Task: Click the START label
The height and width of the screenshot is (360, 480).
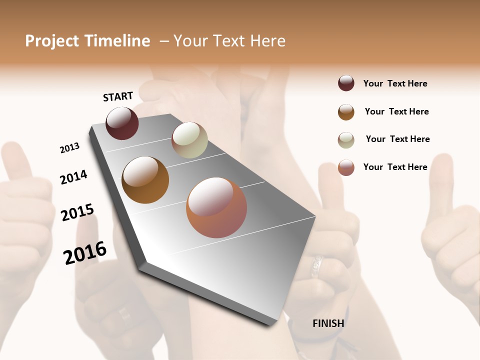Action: pos(118,96)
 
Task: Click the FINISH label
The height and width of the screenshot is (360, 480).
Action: pos(328,323)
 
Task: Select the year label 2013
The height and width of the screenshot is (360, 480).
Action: pos(69,148)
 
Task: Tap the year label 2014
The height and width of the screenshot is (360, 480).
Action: pos(73,177)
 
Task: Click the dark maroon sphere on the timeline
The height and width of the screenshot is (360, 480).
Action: pos(122,123)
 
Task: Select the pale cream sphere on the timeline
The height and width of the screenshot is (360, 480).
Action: pos(189,140)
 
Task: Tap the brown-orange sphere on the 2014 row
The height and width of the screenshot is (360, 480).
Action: pos(145,179)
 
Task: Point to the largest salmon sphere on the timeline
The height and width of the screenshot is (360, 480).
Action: pos(216,207)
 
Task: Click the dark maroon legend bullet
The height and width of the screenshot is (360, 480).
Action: pos(346,83)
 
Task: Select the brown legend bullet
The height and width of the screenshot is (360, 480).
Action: pos(346,111)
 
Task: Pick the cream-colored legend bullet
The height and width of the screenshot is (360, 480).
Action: pos(346,139)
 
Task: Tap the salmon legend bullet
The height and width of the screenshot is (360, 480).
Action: pos(346,167)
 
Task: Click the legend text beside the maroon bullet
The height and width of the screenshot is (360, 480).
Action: pos(395,83)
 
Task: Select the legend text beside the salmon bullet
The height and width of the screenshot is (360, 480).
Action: pos(395,167)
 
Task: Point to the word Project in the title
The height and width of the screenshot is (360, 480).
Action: pos(52,41)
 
